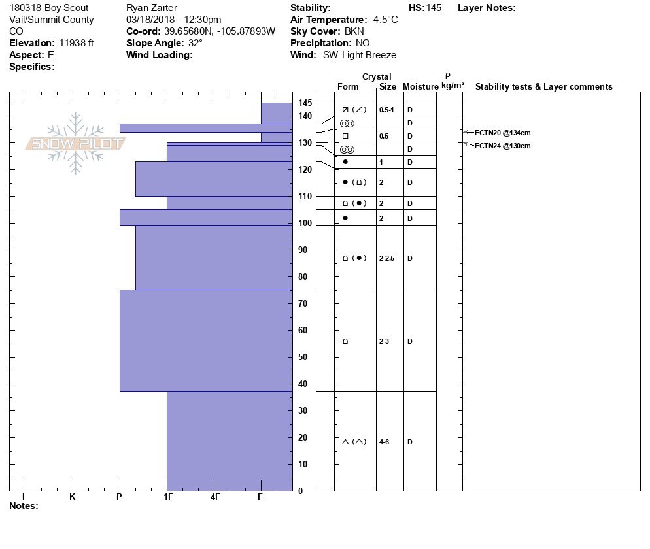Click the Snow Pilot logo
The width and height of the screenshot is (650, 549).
tap(75, 143)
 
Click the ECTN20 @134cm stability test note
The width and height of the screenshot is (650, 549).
tap(502, 133)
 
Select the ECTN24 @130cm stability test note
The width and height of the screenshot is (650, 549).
tap(502, 146)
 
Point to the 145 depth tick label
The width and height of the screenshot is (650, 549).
tap(305, 103)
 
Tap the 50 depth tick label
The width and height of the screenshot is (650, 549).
tap(303, 357)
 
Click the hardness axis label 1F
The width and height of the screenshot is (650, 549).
tap(167, 497)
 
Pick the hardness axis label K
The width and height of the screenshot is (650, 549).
tap(72, 497)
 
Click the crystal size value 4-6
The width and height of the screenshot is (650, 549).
tap(385, 442)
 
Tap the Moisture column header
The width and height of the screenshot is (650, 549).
tap(420, 87)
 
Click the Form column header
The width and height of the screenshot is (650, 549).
tap(348, 87)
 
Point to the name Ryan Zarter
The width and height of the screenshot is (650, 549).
tap(151, 8)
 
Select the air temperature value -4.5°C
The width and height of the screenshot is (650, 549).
tap(384, 20)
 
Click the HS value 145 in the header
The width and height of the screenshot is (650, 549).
tap(434, 8)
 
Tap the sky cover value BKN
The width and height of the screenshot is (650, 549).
tap(354, 31)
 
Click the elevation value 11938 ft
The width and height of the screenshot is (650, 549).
tap(77, 43)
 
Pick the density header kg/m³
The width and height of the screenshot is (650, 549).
tap(453, 86)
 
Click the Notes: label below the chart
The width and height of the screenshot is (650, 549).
tap(24, 506)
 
